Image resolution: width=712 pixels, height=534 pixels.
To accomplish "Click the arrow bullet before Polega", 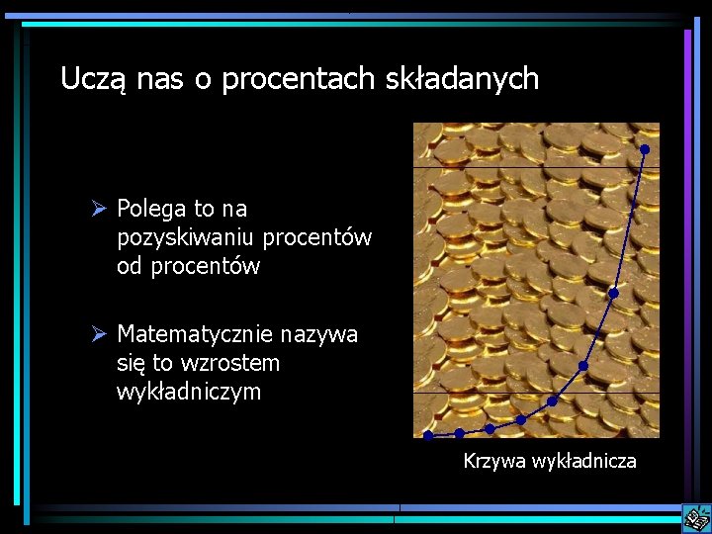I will (99, 209).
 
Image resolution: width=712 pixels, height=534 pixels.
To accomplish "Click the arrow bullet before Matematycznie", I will (99, 335).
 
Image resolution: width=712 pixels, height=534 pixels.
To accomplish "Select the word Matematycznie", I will (195, 334).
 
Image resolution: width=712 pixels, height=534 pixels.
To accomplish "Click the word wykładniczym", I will (189, 392).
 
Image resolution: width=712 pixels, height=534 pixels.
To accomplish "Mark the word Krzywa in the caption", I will (494, 461).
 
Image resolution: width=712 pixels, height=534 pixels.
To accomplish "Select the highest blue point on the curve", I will (645, 149).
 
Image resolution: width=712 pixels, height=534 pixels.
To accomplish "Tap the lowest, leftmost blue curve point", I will (428, 435).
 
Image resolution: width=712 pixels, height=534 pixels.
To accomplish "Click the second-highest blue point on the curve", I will (613, 293).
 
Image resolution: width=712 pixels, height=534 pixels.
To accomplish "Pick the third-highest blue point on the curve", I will (582, 366).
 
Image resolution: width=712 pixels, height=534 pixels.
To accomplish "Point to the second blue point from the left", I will (459, 433).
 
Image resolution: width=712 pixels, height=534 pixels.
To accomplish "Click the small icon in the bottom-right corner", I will (695, 517).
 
